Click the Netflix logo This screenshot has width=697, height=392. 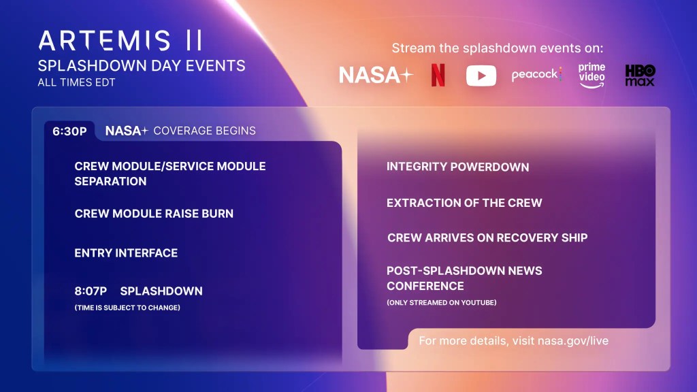click(438, 76)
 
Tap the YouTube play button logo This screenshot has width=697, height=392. click(481, 76)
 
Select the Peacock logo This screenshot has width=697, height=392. click(536, 75)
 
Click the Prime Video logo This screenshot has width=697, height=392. click(591, 75)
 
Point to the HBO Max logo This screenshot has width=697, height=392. click(640, 75)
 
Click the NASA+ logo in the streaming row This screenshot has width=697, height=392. click(376, 76)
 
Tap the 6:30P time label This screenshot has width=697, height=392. click(69, 131)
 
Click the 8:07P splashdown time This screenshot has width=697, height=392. click(91, 291)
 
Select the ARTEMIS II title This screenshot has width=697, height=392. click(120, 41)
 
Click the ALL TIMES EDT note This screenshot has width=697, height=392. click(76, 83)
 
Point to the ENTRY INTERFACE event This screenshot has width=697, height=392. click(126, 253)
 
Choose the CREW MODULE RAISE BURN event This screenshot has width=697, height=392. click(154, 214)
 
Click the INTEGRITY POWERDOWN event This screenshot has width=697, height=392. click(457, 167)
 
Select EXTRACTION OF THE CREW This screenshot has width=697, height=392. click(464, 203)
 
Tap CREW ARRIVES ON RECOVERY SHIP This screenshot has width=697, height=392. click(487, 238)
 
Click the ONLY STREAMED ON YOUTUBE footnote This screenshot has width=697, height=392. click(442, 302)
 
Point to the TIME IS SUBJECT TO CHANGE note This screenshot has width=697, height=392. click(127, 308)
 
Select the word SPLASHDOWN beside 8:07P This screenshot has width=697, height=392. click(161, 291)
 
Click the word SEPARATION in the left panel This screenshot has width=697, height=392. click(110, 182)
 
